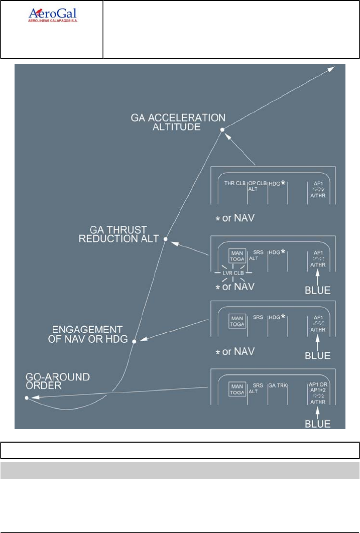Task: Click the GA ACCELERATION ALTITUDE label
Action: pos(178,122)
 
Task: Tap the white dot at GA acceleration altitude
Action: pos(222,130)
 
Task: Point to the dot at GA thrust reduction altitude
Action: pos(165,239)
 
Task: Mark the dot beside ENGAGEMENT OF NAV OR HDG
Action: pos(134,341)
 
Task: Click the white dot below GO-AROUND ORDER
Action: pos(26,398)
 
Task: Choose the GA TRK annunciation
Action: pos(277,386)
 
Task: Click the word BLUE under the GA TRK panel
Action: pos(318,424)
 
